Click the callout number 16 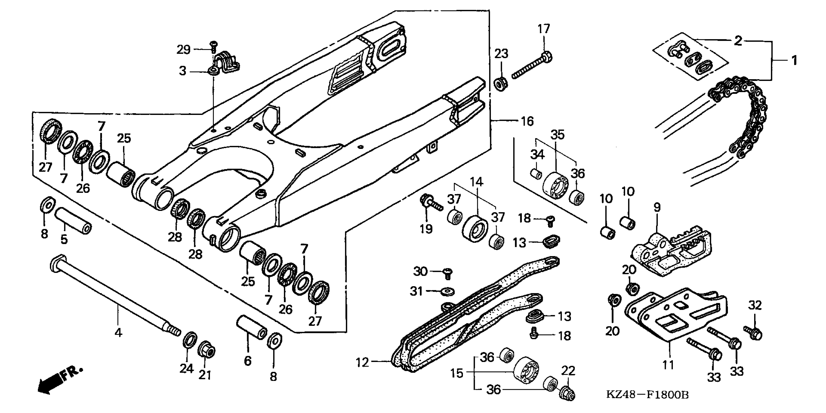(x=527, y=121)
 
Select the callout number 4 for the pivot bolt (x=118, y=333)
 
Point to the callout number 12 (x=362, y=363)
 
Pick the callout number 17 (x=544, y=29)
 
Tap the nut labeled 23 (x=501, y=84)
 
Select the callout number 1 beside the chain (x=794, y=60)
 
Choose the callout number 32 (x=755, y=305)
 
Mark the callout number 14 (x=476, y=182)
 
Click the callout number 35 (x=558, y=135)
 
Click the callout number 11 (x=668, y=365)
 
